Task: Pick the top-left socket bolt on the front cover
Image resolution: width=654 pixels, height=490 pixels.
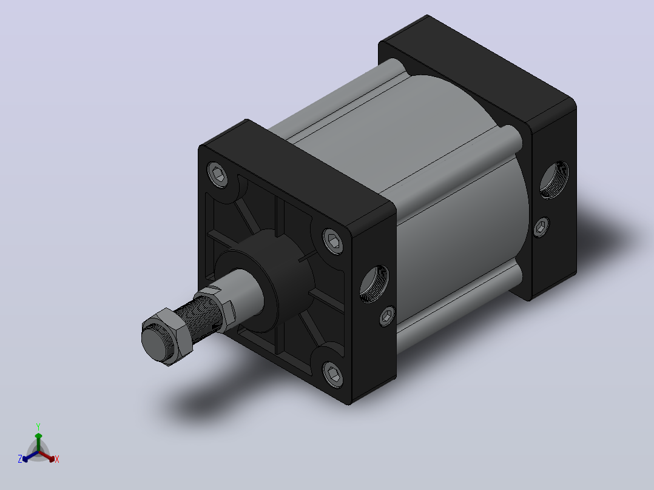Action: (217, 174)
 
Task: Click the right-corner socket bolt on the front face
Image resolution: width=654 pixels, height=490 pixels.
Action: (333, 241)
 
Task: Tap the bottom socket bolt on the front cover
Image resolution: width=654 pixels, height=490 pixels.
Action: (333, 374)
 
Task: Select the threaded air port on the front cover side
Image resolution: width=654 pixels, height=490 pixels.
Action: (374, 284)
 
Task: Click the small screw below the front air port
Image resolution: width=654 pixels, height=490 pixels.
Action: (388, 317)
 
